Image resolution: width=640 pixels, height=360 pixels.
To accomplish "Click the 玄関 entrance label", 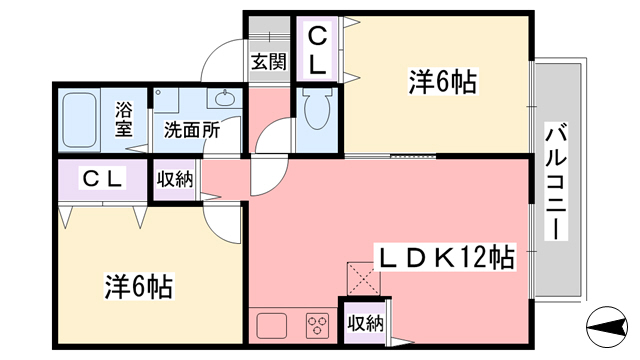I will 268,62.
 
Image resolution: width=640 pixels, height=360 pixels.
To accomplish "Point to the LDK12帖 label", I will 445,258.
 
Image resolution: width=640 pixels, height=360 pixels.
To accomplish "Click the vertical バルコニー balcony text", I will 554,181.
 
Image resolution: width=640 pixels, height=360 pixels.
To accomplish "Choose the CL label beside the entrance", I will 315,51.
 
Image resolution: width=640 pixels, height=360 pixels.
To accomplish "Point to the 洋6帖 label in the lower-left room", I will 139,287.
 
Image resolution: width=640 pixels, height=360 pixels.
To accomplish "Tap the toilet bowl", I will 318,113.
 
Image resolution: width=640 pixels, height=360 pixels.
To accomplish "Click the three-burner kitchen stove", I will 318,324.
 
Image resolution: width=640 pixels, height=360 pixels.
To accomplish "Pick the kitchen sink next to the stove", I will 273,324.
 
